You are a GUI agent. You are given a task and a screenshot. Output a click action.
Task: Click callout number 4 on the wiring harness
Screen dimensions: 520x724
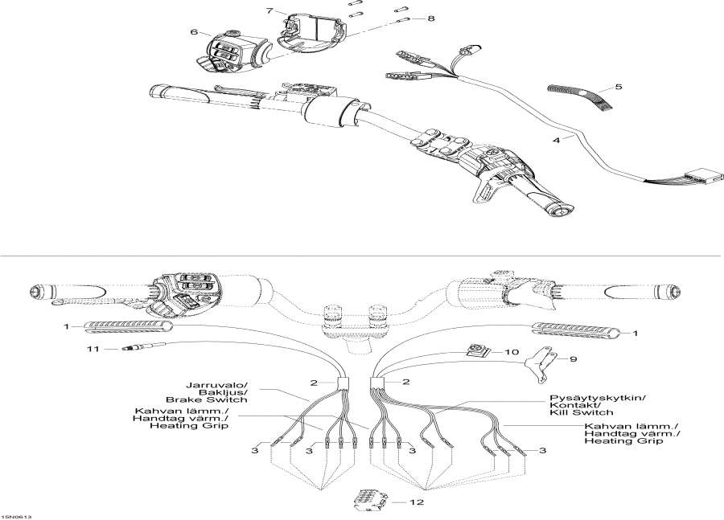(x=555, y=140)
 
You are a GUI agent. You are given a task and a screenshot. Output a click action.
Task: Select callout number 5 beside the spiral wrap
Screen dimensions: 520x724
(x=618, y=86)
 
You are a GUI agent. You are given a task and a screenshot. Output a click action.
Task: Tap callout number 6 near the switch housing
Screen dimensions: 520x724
(x=194, y=32)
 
